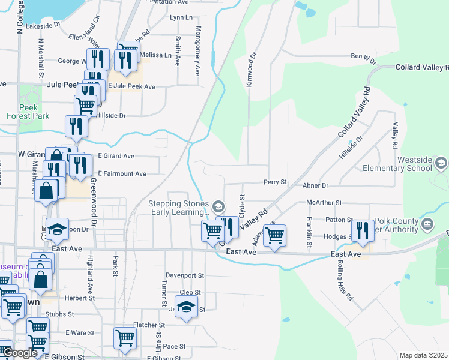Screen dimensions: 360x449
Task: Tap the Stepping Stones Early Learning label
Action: coord(179,208)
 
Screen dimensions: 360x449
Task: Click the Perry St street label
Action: coord(275,182)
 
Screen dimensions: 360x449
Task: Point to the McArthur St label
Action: coord(324,203)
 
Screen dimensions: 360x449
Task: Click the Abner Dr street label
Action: coord(316,186)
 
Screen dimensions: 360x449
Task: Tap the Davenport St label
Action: coord(184,276)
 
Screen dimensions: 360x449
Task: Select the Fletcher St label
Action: coord(149,325)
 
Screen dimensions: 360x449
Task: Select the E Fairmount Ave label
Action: coord(122,174)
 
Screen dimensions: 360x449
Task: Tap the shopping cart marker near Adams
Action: coord(274,235)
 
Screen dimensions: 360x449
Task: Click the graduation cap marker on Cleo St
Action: coord(187,307)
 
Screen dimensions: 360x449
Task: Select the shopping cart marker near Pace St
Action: coord(125,337)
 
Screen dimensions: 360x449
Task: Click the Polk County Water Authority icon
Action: coord(427,225)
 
